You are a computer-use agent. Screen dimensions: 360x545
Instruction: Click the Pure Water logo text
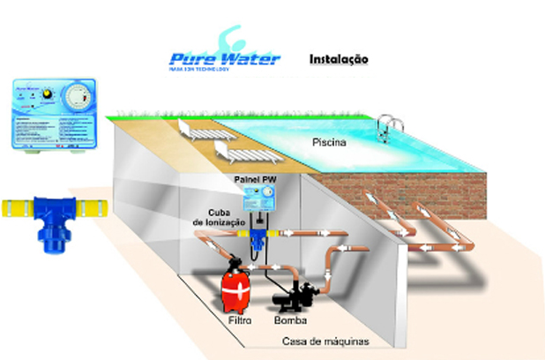[x=224, y=58]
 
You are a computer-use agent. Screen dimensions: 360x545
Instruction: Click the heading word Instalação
[x=339, y=59]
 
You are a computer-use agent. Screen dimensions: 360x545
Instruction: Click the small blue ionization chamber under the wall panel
[x=259, y=236]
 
